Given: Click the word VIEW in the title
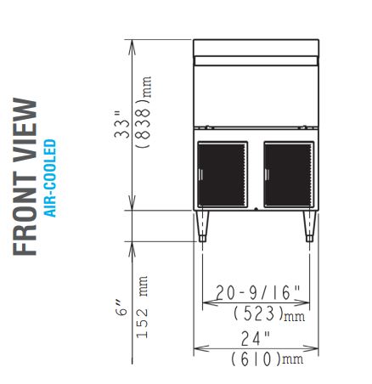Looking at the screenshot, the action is point(25,130).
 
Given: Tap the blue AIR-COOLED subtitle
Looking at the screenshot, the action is point(51,178).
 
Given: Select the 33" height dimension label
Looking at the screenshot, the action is point(122,125).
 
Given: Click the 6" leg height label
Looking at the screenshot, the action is point(121,308).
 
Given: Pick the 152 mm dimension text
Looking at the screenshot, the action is point(142,307).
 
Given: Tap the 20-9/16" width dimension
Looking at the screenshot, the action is point(257,292).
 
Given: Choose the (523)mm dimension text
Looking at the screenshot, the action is point(269,313).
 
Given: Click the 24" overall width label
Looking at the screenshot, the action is point(256,339).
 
